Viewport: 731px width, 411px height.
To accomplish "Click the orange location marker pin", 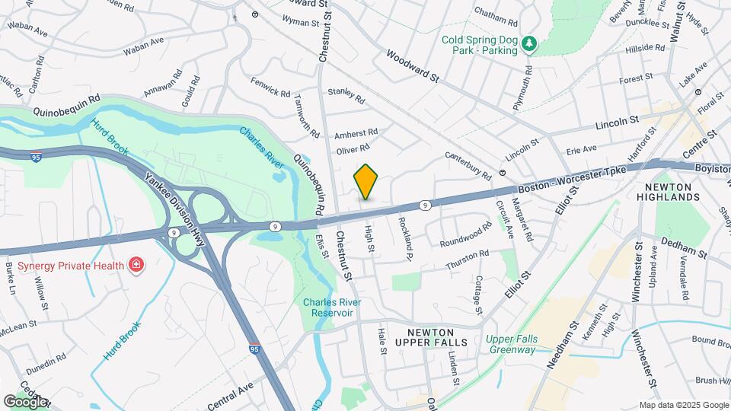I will (x=366, y=182).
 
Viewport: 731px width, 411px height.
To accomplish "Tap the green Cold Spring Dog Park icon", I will (x=529, y=45).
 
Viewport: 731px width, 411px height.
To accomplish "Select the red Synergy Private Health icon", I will (x=136, y=264).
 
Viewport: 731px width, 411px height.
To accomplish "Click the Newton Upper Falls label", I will (x=436, y=337).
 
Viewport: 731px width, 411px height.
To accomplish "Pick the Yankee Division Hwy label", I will (x=171, y=204).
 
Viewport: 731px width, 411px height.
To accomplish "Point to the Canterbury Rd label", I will (x=469, y=164).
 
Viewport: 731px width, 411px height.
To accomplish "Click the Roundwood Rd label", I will (x=466, y=234).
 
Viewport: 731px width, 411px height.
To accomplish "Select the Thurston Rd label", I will (x=467, y=260).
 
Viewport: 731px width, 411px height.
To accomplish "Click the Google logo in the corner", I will (x=25, y=401).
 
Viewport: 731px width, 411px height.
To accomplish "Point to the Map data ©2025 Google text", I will (x=684, y=405).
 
